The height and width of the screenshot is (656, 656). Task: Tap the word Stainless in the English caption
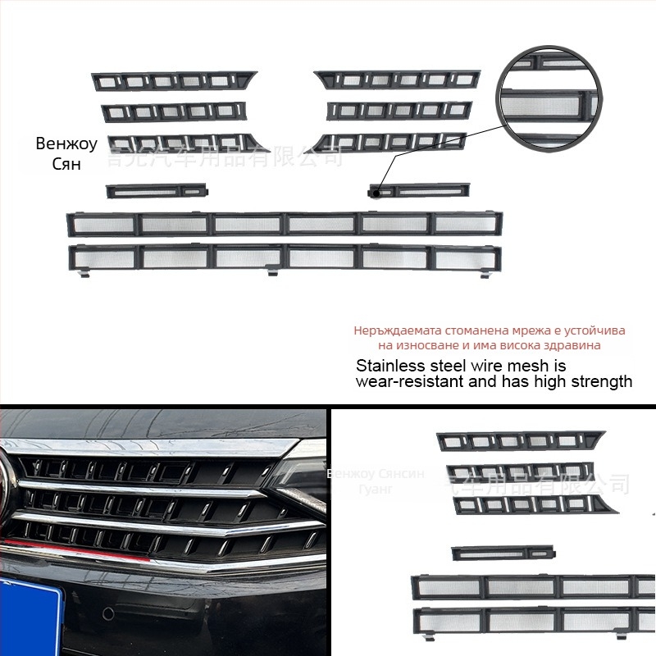click(x=388, y=366)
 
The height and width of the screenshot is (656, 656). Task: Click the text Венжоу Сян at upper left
click(x=66, y=152)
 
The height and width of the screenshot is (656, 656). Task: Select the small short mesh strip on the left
click(x=157, y=191)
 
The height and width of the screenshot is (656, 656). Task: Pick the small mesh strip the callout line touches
click(x=420, y=191)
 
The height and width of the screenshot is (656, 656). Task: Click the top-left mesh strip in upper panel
click(x=174, y=80)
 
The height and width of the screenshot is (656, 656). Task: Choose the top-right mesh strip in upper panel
click(x=397, y=80)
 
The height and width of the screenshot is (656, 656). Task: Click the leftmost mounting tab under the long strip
click(x=82, y=275)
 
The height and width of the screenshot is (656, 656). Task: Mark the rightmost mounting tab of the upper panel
click(x=490, y=272)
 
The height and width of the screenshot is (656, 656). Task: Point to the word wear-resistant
click(x=408, y=381)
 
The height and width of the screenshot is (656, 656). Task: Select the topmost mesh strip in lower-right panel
click(x=518, y=440)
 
